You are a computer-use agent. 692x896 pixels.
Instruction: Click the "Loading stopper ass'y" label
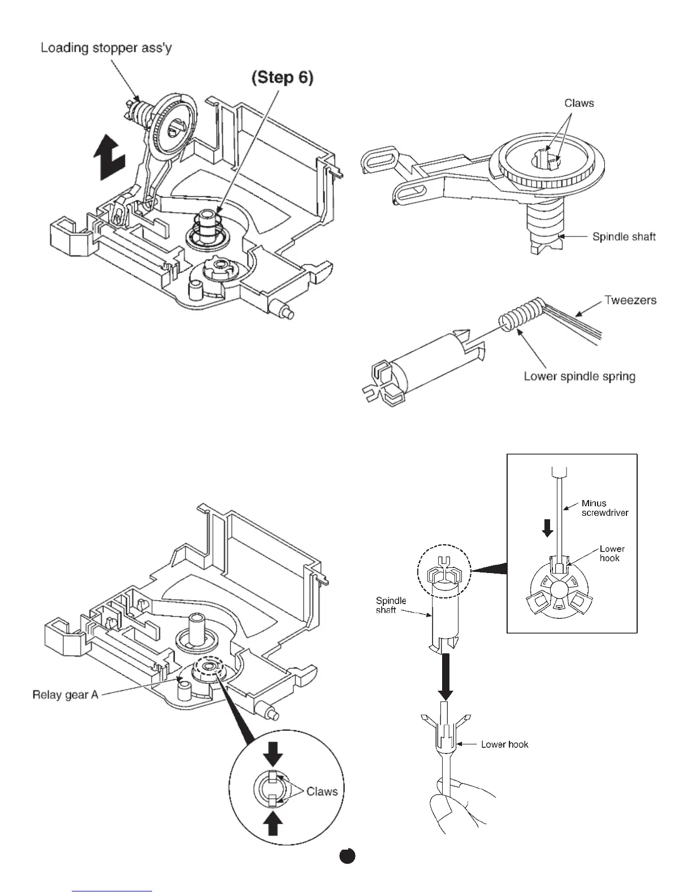coord(106,48)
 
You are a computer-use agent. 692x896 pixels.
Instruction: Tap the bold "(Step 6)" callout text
coord(282,77)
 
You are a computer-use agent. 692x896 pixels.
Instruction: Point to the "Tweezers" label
coord(630,300)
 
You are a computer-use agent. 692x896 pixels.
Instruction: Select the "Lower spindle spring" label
coord(579,376)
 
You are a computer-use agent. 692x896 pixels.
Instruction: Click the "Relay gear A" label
coord(65,694)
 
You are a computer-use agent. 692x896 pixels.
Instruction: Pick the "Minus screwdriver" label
coord(604,508)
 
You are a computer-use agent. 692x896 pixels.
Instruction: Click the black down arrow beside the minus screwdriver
coord(547,528)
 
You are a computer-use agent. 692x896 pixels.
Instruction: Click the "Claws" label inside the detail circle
coord(322,791)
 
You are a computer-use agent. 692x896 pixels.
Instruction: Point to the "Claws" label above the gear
coord(579,103)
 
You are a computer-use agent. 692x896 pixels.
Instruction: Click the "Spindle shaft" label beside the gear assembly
coord(624,236)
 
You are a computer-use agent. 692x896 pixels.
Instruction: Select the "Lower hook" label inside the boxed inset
coord(612,553)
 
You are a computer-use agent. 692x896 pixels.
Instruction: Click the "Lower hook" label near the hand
coord(504,744)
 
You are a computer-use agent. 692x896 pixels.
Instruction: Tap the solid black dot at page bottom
coord(347,856)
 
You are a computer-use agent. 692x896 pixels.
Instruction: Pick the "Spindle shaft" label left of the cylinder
coord(391,605)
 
